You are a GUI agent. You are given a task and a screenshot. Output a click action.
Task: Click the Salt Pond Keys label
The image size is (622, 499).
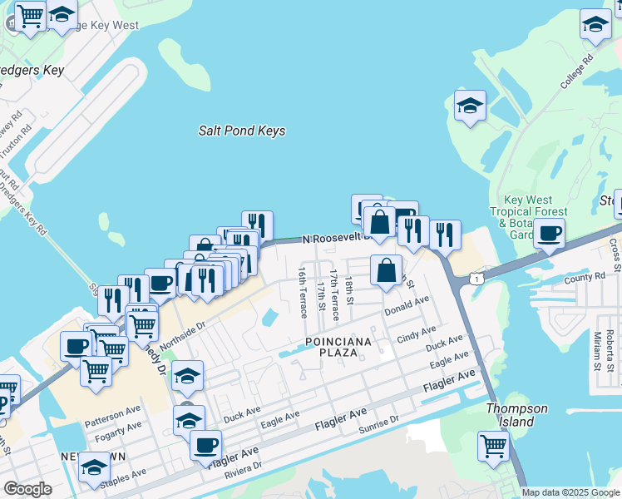[242, 131]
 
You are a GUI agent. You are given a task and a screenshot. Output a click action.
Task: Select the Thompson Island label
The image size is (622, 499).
[517, 415]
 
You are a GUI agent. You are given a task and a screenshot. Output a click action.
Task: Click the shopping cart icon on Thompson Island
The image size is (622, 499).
[494, 445]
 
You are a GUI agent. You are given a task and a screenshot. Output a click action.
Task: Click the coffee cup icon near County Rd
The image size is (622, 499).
[550, 233]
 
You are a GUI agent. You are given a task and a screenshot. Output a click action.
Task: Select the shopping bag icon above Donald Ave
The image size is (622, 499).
[387, 270]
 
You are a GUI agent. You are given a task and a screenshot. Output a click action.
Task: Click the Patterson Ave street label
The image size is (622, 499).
[113, 413]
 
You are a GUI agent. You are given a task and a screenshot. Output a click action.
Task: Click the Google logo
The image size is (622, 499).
[27, 489]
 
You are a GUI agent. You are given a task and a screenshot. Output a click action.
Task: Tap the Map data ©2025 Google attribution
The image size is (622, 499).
[570, 492]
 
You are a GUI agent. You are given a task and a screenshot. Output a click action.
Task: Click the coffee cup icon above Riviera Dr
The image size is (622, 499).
[205, 444]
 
